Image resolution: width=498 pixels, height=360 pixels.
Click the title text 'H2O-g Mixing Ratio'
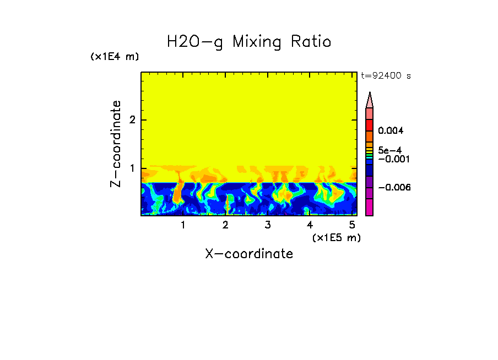[x=249, y=42]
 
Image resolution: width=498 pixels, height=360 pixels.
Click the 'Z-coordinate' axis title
[x=116, y=144]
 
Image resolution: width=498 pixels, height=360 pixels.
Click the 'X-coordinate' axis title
[x=249, y=254]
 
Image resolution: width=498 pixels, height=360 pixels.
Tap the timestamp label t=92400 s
[x=386, y=76]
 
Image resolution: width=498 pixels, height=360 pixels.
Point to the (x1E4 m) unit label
[x=115, y=57]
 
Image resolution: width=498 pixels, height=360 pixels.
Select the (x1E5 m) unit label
[x=336, y=237]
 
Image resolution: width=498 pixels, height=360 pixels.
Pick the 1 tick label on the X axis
[x=183, y=225]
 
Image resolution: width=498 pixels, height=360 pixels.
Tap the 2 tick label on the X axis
[x=225, y=225]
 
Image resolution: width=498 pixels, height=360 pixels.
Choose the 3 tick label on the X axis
[x=267, y=225]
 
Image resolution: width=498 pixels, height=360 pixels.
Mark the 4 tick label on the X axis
[x=310, y=225]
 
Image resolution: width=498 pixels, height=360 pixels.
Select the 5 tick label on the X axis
[x=351, y=225]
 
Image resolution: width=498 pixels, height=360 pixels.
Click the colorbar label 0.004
[x=391, y=131]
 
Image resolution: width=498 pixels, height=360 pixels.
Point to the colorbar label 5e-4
[x=389, y=149]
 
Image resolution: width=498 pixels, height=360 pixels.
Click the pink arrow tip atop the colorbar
[x=370, y=100]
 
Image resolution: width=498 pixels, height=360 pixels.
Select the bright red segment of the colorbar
[x=370, y=125]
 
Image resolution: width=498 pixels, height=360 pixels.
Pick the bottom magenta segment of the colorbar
[x=370, y=207]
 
